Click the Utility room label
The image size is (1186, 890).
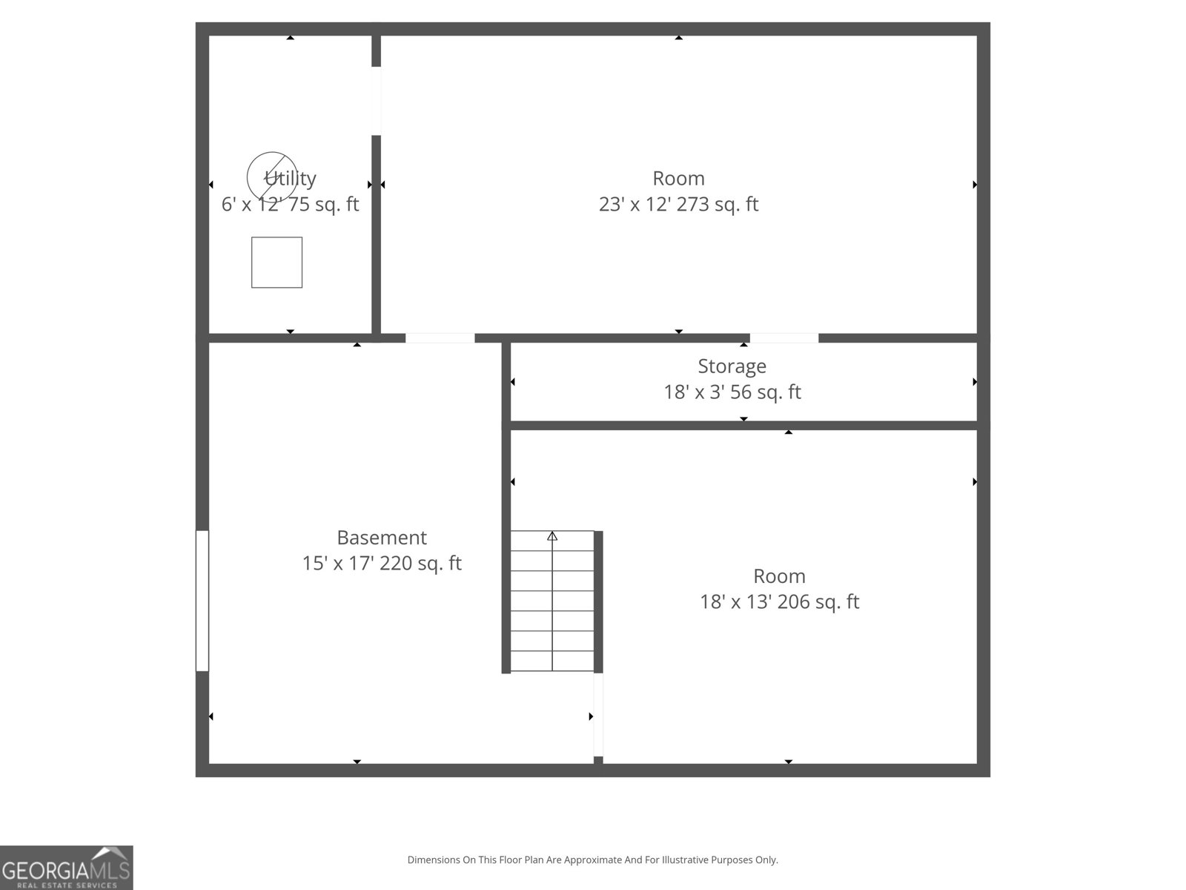(290, 178)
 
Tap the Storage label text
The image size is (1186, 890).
(732, 366)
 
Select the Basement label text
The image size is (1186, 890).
(382, 538)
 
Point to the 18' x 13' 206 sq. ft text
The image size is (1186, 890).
(779, 601)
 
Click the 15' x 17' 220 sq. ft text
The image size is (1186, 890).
(382, 563)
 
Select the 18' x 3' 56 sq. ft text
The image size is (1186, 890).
(732, 392)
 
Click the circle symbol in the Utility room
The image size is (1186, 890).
(272, 152)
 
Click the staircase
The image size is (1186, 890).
(552, 601)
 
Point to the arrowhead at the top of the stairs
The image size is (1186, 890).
(552, 536)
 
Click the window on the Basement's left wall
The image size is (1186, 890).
(202, 601)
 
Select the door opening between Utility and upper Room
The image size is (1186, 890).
(376, 101)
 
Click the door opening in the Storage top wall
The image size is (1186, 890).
(784, 338)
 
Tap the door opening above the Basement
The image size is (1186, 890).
(440, 338)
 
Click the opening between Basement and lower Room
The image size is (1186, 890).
(598, 714)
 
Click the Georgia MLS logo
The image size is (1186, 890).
(67, 867)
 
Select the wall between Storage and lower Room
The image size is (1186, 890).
(743, 426)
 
